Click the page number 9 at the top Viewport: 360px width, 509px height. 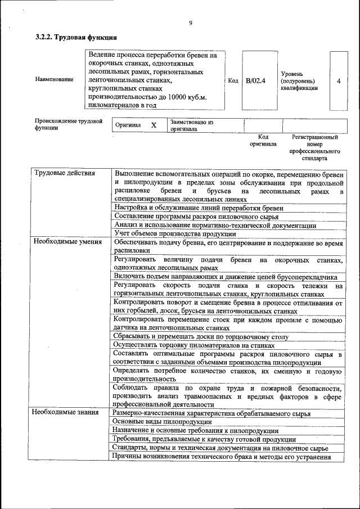191,22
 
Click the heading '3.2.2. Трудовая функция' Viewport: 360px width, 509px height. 76,38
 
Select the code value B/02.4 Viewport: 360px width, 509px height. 255,80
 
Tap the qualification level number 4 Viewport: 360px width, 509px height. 339,81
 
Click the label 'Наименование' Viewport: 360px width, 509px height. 54,79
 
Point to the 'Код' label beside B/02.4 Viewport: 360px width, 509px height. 233,80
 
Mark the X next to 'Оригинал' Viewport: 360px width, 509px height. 154,125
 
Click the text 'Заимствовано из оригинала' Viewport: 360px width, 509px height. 192,125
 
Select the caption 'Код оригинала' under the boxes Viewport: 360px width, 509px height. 263,140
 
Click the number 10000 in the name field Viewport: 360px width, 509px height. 168,97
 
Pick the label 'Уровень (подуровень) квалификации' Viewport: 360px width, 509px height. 300,81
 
